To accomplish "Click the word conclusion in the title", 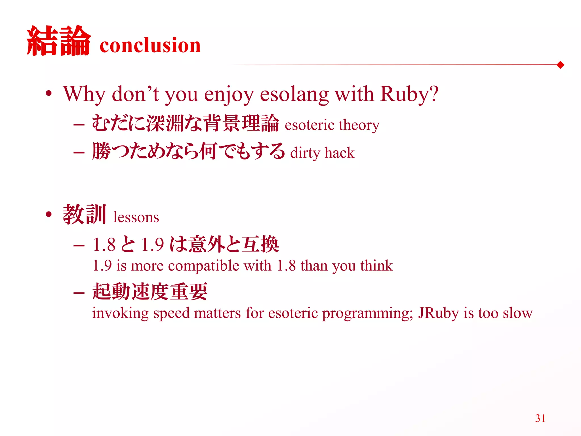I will (150, 45).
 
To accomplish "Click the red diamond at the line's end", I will (560, 65).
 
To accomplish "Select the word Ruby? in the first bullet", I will (409, 94).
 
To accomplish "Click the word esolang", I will (294, 95).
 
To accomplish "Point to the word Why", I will (84, 95).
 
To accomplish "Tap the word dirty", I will (305, 153).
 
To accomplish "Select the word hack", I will (340, 153).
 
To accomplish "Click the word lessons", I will (136, 217).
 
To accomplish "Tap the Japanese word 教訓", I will (84, 215).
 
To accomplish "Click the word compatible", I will (203, 266).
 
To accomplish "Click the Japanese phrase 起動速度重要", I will (150, 292).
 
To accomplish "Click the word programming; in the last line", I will (367, 314).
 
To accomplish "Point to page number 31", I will (540, 418).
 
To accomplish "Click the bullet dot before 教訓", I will (49, 215).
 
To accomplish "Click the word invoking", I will (120, 313).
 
